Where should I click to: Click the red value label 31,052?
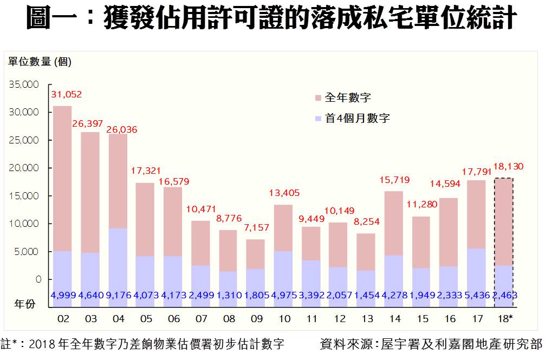click(x=67, y=95)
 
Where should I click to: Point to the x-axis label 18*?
click(x=504, y=319)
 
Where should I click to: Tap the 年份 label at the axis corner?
click(x=25, y=304)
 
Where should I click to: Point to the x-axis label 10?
click(x=284, y=319)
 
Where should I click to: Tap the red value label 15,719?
click(x=394, y=180)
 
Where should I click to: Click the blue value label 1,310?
click(x=229, y=295)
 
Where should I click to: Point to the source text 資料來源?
click(x=347, y=344)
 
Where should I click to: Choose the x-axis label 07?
click(x=201, y=319)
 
